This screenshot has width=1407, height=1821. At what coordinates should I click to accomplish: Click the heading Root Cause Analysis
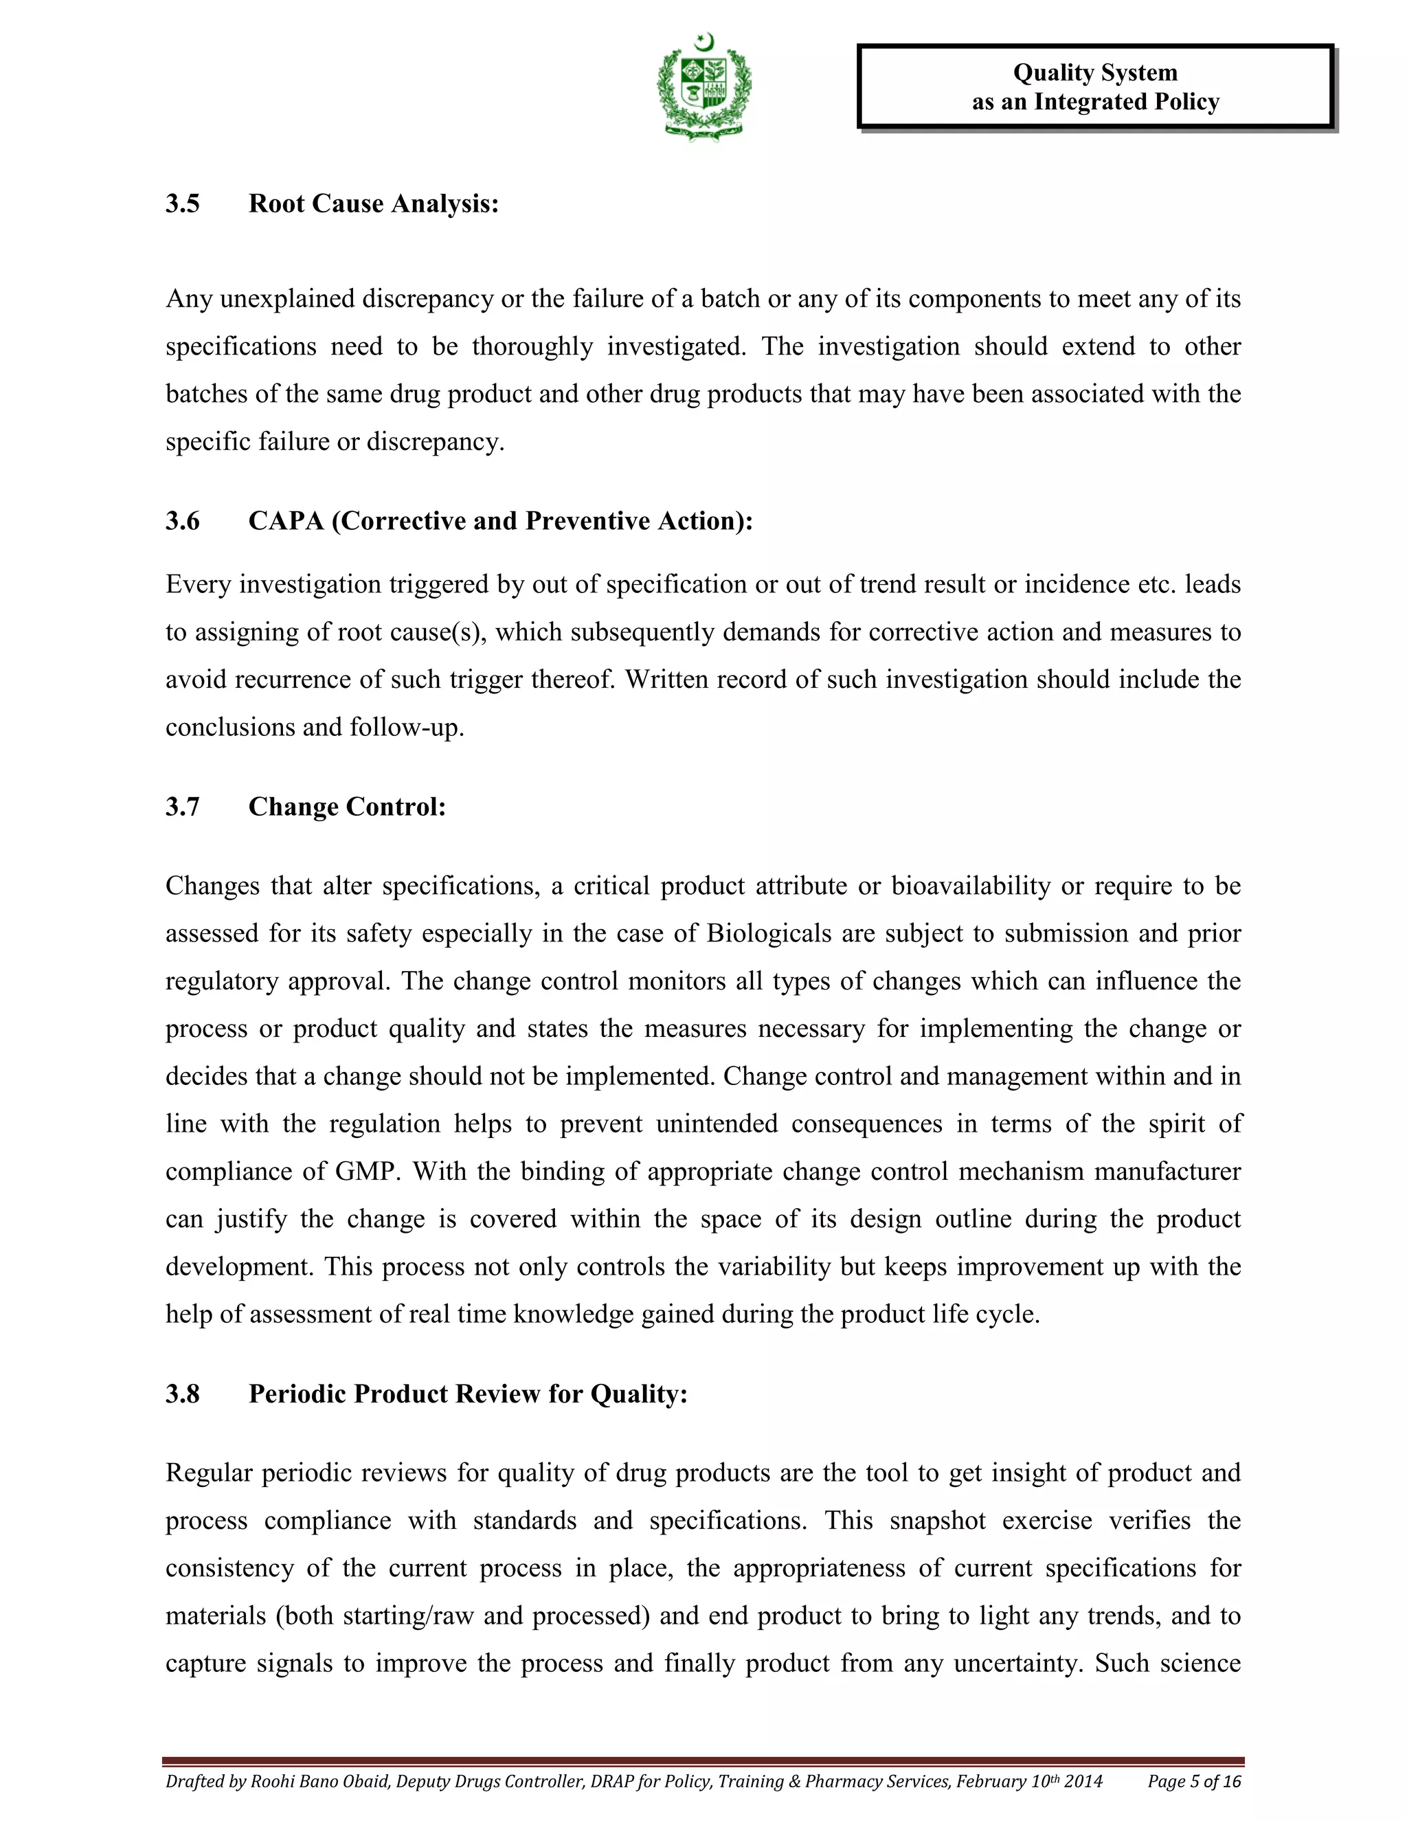point(374,203)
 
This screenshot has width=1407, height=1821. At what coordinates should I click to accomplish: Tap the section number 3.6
point(183,521)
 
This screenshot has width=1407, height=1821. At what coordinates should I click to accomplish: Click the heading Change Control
point(347,807)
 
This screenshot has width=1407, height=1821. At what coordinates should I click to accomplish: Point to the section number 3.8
point(183,1394)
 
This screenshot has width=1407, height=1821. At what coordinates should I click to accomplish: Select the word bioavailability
point(970,886)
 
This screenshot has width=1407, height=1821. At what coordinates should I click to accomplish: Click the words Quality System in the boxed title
point(1094,74)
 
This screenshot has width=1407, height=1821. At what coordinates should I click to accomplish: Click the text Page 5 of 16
point(1193,1782)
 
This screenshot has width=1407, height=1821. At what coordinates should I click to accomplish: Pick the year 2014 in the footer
point(1083,1782)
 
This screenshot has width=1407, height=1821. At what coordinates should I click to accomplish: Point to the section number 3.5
point(183,203)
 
